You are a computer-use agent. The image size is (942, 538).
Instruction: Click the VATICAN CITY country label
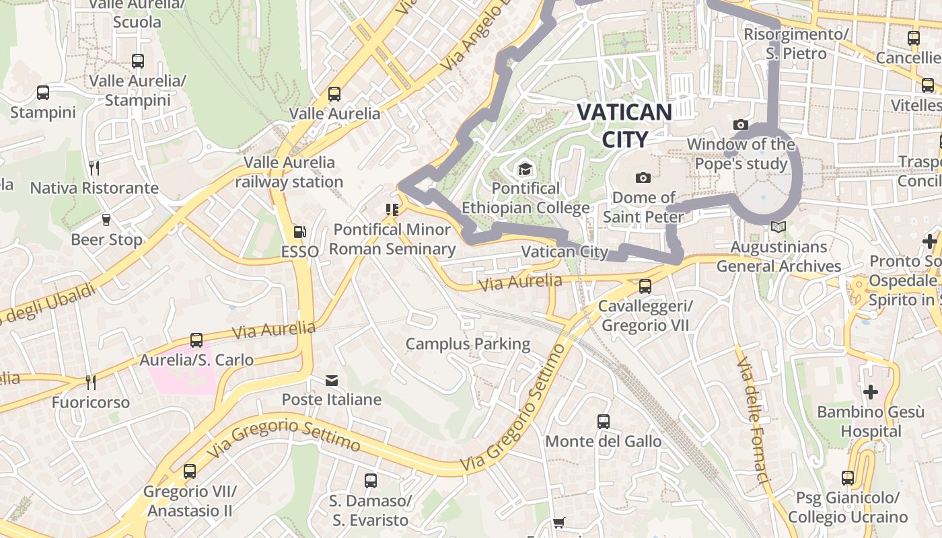[624, 125]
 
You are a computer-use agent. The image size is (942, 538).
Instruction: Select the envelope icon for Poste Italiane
[332, 381]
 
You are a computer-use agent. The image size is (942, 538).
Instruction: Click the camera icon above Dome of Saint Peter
[643, 178]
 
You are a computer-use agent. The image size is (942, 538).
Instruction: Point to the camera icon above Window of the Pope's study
[741, 124]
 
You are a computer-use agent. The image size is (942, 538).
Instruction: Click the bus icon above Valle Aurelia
[334, 94]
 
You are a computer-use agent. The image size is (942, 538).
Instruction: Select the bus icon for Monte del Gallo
[604, 422]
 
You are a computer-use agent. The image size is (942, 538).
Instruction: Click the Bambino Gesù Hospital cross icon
[870, 391]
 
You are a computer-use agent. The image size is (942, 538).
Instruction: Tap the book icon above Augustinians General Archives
[778, 227]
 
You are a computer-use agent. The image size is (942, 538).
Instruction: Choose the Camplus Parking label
[468, 344]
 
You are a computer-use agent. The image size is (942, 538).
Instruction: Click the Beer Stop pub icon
[106, 220]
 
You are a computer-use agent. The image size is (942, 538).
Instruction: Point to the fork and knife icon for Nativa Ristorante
[94, 168]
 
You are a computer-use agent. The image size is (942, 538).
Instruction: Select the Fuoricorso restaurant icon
[91, 383]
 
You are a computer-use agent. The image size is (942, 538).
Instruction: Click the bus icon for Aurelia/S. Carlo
[196, 340]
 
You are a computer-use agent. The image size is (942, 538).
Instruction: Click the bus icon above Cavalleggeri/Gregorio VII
[645, 286]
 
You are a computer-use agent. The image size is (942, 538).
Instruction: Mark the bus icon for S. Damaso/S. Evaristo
[370, 481]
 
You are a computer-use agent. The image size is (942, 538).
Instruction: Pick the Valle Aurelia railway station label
[289, 172]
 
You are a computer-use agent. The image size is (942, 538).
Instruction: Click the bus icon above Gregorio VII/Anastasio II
[190, 471]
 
